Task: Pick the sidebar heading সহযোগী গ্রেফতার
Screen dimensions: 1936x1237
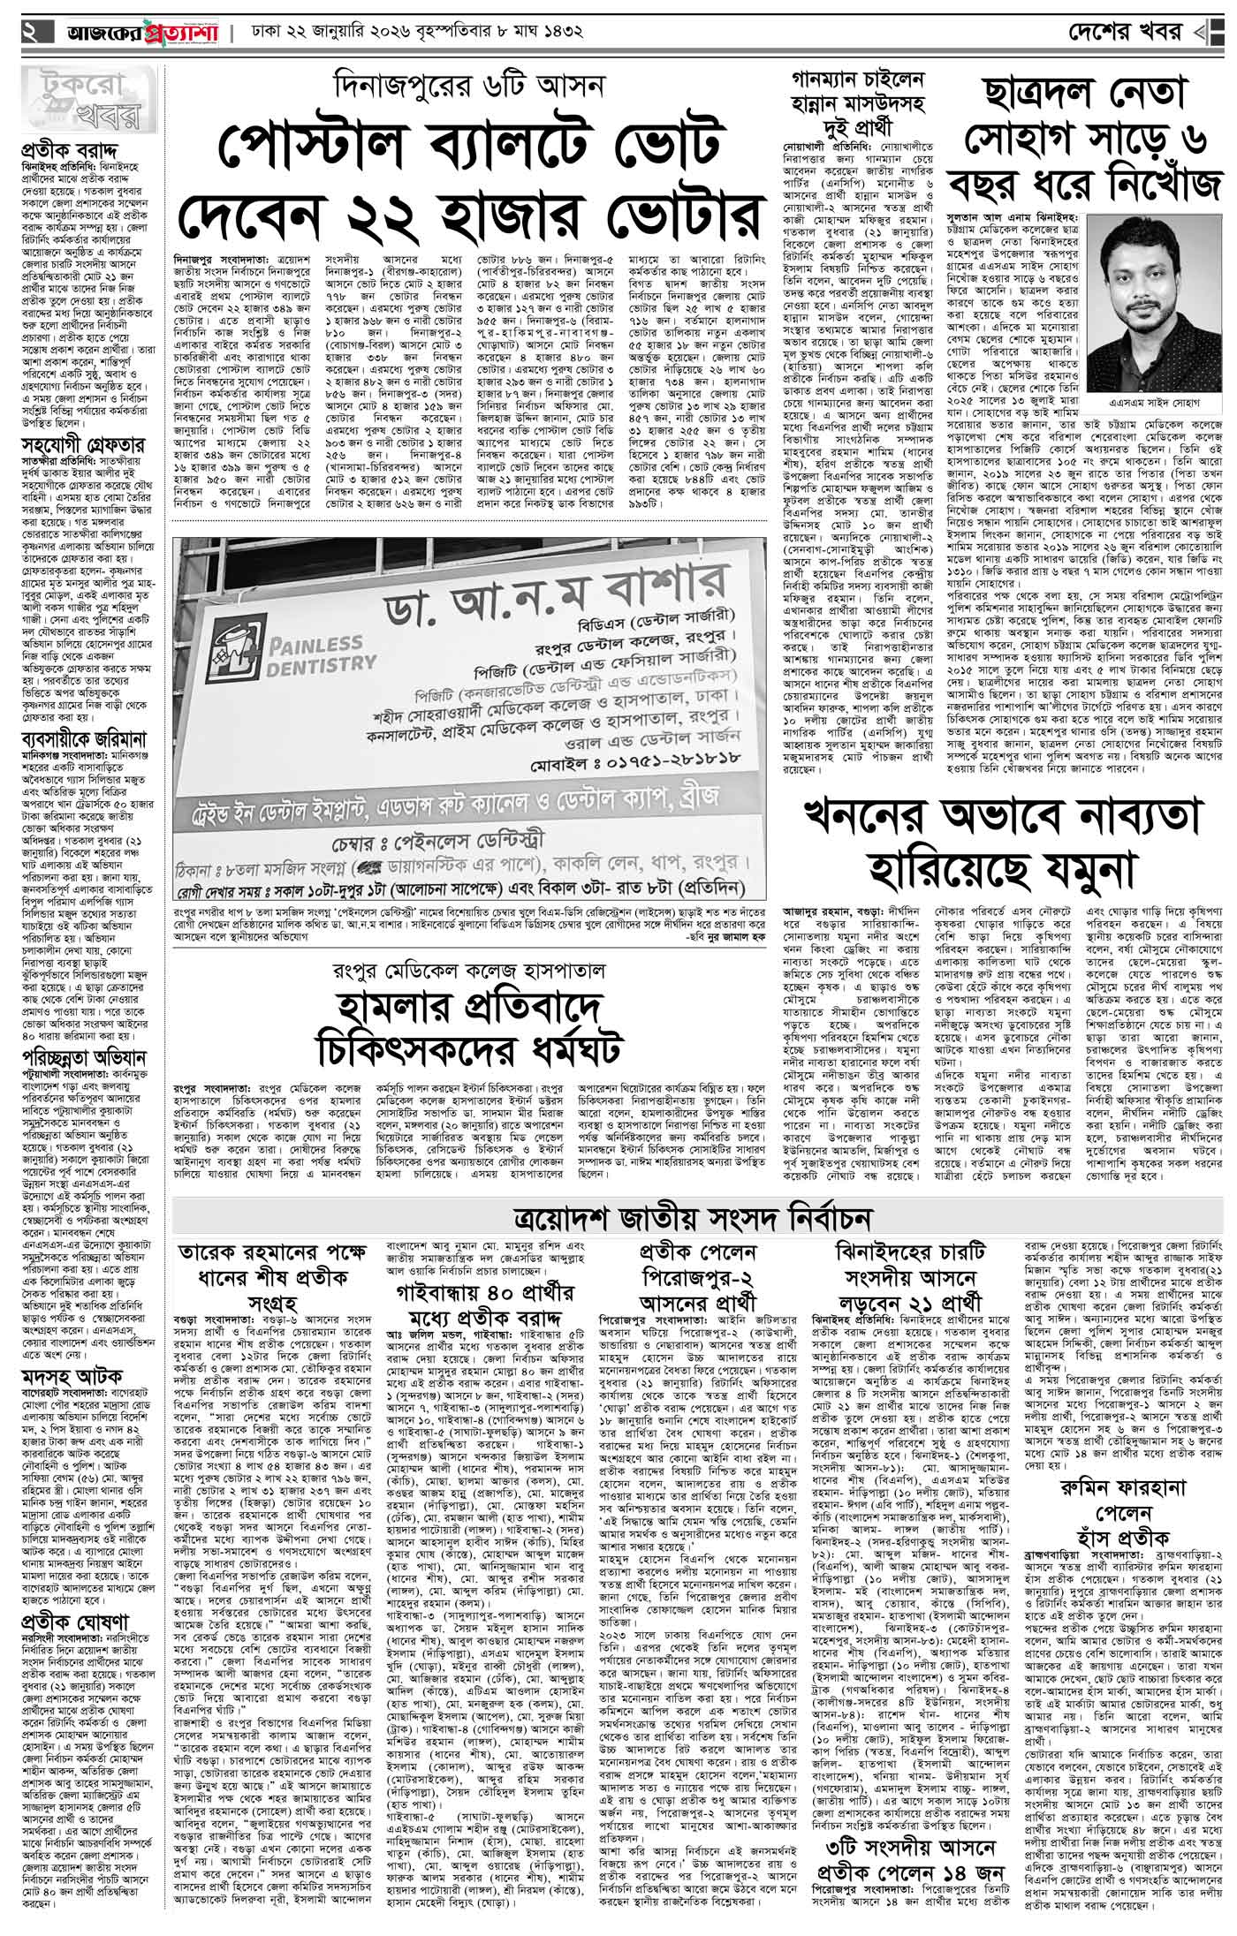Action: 83,445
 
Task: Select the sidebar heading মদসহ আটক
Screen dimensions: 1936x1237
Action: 69,1375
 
